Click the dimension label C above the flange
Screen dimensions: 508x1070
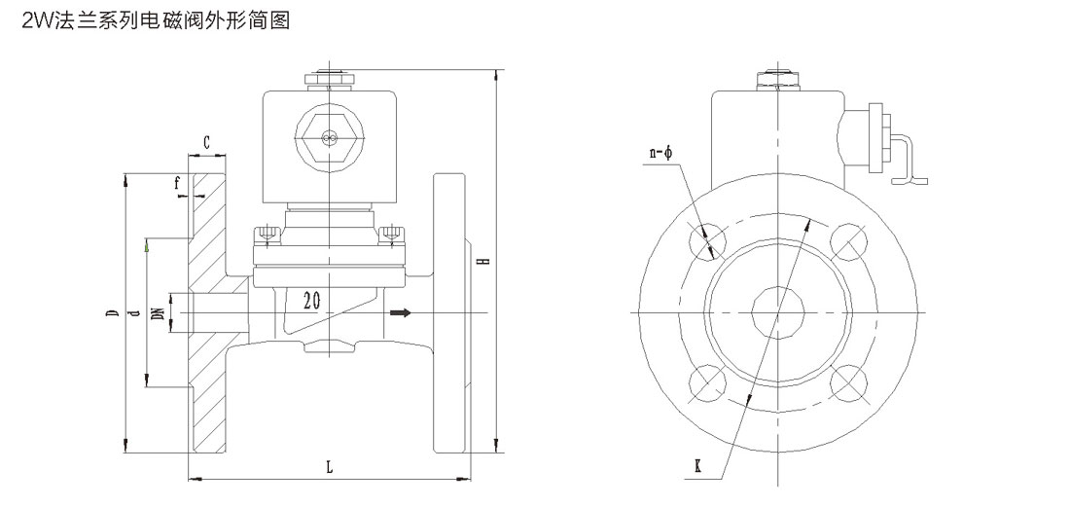[207, 142]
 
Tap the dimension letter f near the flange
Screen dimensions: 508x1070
[178, 182]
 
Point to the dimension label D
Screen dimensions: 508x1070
[113, 313]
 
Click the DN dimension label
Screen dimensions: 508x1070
[158, 313]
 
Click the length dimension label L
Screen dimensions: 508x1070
[329, 467]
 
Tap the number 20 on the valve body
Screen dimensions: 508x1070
[312, 299]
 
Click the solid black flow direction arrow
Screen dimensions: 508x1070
[400, 312]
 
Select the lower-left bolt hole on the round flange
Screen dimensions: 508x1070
[707, 383]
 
